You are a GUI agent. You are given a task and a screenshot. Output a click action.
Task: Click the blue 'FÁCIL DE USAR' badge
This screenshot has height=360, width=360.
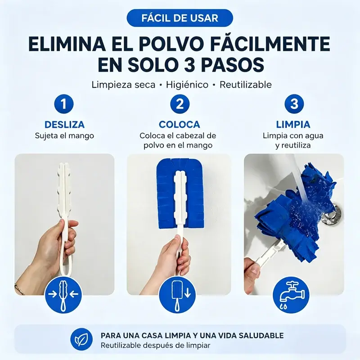(180, 18)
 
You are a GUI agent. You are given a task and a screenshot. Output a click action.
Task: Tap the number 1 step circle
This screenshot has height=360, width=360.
(64, 104)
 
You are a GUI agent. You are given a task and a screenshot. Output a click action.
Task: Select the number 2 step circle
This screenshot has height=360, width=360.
(180, 104)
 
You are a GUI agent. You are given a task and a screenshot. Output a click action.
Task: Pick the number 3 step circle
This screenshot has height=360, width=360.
(294, 104)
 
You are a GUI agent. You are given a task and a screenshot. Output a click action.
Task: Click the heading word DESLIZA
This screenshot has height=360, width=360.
(64, 125)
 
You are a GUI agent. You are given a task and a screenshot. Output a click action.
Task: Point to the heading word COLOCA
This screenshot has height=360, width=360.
(179, 125)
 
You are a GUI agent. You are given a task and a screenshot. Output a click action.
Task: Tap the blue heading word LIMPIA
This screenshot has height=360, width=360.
(293, 125)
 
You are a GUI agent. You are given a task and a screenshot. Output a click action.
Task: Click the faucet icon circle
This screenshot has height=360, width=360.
(291, 295)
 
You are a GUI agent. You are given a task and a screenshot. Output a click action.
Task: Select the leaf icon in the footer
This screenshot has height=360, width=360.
(81, 340)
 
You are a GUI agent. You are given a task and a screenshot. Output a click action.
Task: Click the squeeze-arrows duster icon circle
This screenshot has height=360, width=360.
(63, 295)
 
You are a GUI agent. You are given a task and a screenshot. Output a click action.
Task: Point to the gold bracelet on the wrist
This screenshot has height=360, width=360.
(19, 289)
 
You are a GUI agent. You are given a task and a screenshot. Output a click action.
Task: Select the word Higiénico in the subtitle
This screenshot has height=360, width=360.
(187, 85)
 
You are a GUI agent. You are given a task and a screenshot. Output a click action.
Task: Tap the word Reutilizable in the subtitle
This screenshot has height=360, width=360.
(246, 85)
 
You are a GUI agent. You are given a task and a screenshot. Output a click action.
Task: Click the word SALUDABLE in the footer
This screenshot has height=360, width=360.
(261, 335)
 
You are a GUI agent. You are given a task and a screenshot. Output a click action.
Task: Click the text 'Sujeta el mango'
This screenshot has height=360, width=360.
(64, 136)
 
